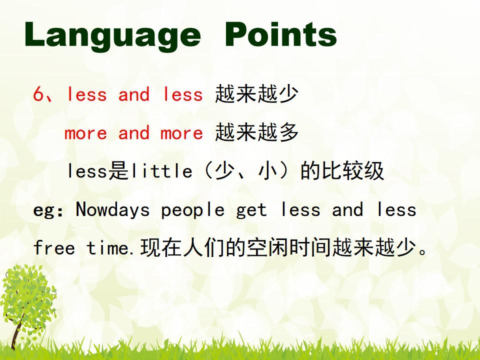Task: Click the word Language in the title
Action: [x=112, y=35]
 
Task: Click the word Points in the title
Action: [x=280, y=34]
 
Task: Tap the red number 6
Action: [x=39, y=93]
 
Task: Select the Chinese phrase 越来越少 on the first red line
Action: [x=256, y=93]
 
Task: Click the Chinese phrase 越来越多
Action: [x=256, y=132]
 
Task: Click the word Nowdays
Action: [x=112, y=210]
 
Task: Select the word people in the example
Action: [x=193, y=211]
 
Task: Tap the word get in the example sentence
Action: [x=251, y=211]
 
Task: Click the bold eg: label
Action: [x=48, y=211]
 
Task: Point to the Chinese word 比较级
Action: [x=352, y=171]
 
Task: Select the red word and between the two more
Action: [x=134, y=133]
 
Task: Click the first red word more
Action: [x=85, y=134]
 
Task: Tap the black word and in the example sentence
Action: [x=347, y=209]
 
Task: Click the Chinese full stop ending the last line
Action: [x=423, y=251]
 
